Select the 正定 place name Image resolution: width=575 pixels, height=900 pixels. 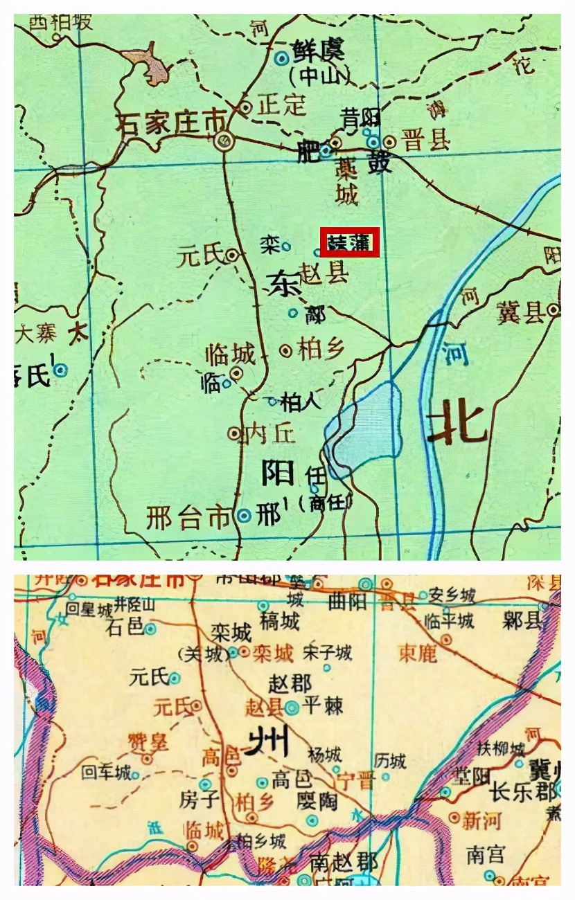[x=281, y=105]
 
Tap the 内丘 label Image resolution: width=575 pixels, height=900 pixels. [x=271, y=433]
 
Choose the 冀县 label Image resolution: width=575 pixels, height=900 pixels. [x=520, y=313]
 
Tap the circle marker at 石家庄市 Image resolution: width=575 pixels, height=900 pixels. [x=224, y=142]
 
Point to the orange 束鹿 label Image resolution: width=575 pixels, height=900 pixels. [x=418, y=652]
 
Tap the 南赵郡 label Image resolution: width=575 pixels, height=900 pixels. [x=344, y=863]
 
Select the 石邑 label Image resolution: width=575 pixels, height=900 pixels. [x=125, y=627]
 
